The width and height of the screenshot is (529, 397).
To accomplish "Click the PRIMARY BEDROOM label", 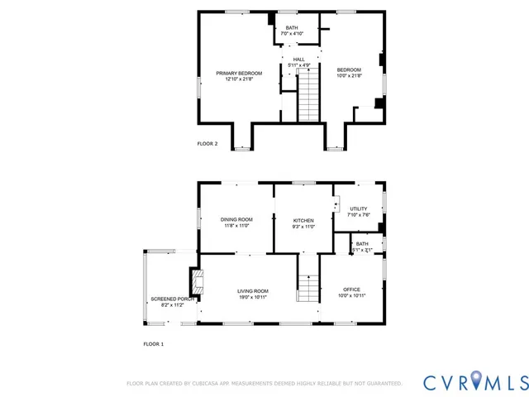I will [239, 74].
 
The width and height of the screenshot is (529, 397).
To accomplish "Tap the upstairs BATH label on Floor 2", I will [292, 28].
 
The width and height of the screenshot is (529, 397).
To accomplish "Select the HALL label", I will [298, 60].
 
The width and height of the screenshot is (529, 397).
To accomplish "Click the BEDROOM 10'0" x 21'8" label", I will [349, 69].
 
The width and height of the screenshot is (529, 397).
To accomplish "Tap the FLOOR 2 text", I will [207, 144].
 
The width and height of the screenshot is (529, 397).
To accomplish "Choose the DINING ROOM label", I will [236, 219].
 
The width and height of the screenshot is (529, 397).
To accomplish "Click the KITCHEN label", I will [303, 220].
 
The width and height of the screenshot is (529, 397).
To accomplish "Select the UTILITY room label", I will [358, 209].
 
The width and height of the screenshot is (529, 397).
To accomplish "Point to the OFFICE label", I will [351, 289].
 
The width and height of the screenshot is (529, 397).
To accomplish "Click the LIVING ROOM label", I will [253, 291].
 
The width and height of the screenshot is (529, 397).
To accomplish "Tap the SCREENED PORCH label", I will [172, 299].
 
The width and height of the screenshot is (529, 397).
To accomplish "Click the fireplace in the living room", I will [196, 282].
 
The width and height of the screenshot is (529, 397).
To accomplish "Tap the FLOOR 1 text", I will [154, 343].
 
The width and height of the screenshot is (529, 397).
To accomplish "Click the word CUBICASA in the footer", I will [212, 384].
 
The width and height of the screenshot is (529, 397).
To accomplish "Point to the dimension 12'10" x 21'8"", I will [239, 79].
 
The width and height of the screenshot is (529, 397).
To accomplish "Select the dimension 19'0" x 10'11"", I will [253, 297].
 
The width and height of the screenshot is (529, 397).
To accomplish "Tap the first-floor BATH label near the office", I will [361, 244].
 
